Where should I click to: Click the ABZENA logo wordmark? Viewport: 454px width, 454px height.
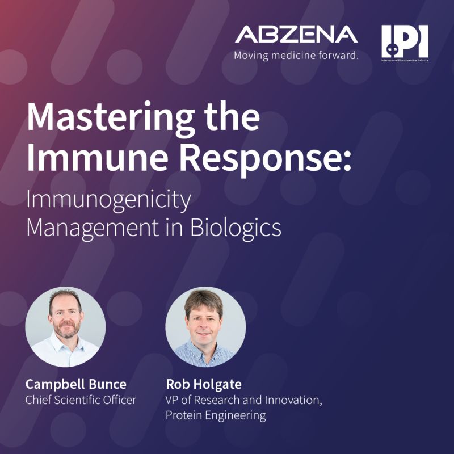tap(296, 35)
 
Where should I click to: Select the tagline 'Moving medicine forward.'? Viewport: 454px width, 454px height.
tap(296, 56)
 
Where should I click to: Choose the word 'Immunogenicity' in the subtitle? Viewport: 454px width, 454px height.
tap(108, 201)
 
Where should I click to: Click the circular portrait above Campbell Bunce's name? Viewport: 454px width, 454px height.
tap(65, 326)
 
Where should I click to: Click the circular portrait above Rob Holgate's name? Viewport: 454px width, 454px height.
tap(205, 326)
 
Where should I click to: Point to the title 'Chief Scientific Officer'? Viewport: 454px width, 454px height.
tap(81, 400)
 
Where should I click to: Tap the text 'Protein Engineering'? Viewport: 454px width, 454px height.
tap(216, 415)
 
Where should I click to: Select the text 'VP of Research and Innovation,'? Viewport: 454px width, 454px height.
tap(244, 400)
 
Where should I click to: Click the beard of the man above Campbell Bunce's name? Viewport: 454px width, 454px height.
tap(65, 332)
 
